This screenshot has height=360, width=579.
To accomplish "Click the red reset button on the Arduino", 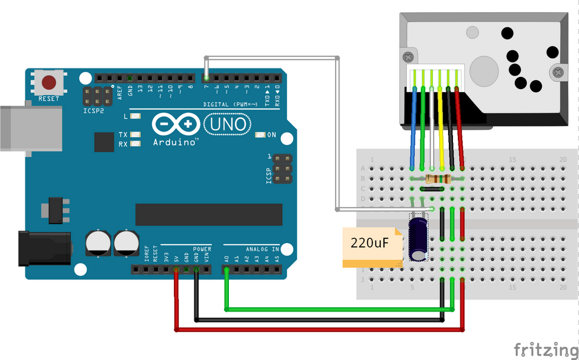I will (x=49, y=82).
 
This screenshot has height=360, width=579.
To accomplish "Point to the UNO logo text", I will (x=228, y=124).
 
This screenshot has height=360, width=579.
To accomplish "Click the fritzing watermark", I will (x=546, y=350).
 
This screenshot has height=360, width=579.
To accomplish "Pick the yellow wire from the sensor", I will (x=442, y=127).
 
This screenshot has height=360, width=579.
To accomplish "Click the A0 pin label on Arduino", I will (x=227, y=258).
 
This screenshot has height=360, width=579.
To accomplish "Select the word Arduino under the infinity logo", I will (x=176, y=142).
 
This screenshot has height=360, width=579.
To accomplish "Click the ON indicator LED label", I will (x=272, y=135).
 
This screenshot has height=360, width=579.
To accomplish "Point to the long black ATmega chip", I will (x=208, y=214).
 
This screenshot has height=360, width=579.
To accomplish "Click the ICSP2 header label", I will (x=94, y=112).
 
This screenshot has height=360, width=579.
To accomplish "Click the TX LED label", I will (x=123, y=135).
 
